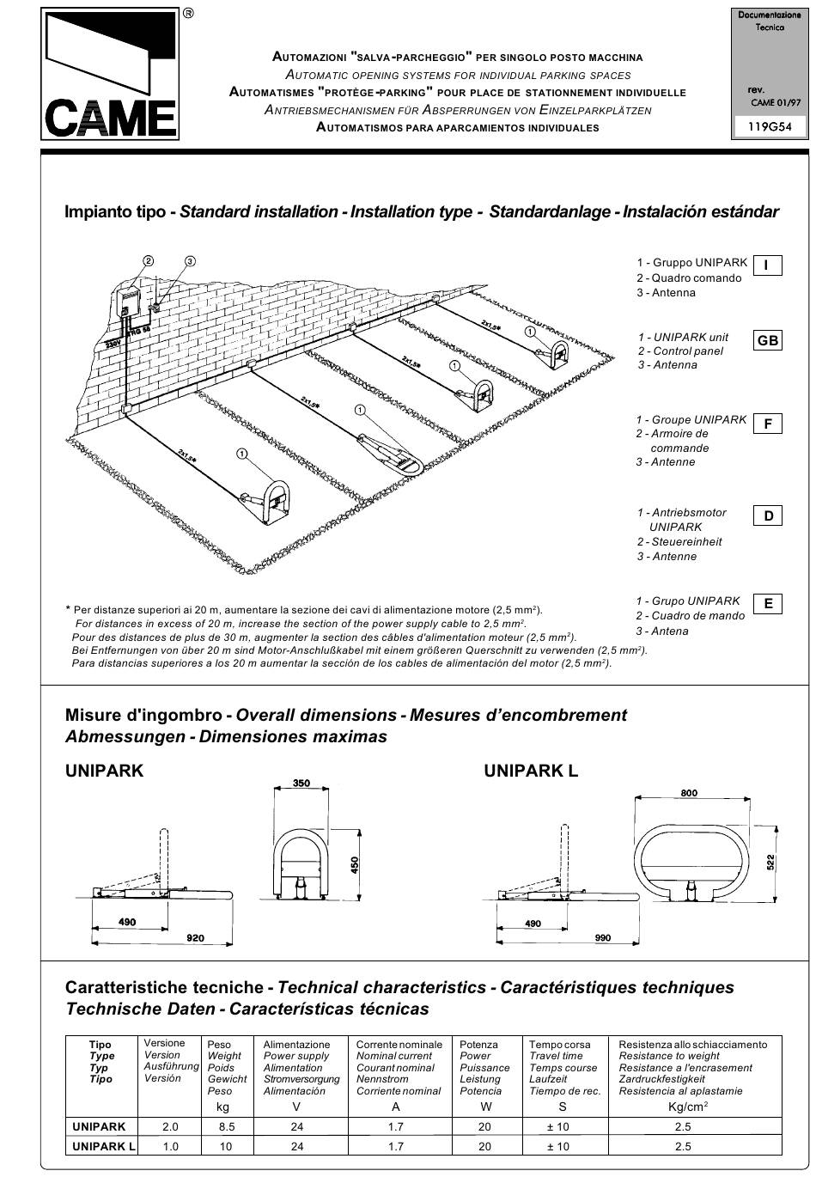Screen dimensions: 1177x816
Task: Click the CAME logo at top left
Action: [110, 75]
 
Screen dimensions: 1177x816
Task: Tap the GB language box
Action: [767, 341]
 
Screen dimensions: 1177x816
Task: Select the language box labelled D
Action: [767, 515]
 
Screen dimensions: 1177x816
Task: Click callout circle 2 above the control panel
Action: [149, 261]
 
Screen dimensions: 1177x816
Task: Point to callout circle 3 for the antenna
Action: [190, 261]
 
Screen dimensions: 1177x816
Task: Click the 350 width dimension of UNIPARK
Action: [301, 784]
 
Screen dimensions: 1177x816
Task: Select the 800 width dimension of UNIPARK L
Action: [689, 793]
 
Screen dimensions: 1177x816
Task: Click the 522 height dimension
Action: [770, 862]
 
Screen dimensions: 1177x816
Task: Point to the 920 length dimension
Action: [196, 938]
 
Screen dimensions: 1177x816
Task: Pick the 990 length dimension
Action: [603, 938]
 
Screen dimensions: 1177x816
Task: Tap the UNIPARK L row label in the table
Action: [104, 1146]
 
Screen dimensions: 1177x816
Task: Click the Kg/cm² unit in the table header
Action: [687, 1107]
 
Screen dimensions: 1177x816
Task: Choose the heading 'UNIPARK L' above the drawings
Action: [531, 771]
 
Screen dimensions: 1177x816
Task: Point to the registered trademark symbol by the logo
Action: [188, 13]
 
